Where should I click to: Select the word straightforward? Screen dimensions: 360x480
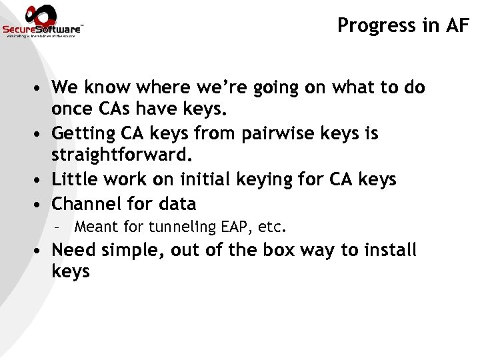(x=121, y=157)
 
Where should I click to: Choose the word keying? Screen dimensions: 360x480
(x=283, y=180)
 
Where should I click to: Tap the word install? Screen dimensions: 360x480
(x=393, y=251)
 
